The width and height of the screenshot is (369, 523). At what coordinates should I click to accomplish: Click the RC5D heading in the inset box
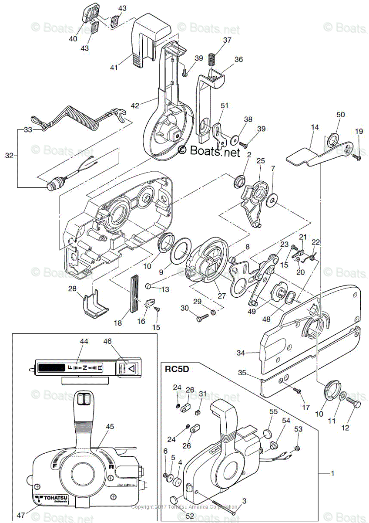click(177, 370)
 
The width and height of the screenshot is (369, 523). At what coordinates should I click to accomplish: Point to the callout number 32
click(9, 155)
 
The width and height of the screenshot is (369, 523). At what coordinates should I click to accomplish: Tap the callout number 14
click(315, 127)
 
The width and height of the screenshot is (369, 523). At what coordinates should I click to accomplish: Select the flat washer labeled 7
click(273, 200)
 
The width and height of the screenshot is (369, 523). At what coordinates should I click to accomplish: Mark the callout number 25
click(260, 161)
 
